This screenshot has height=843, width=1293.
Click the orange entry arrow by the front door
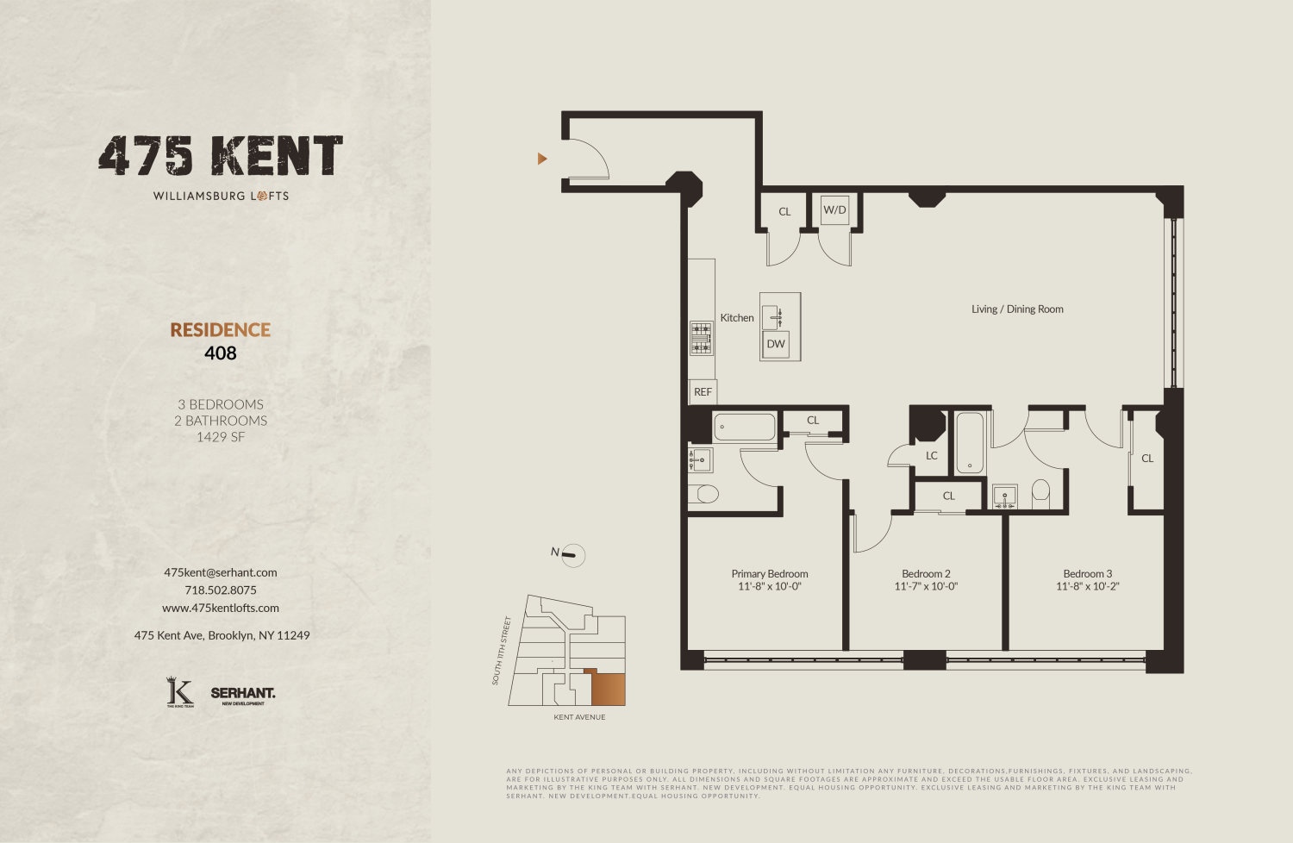(x=542, y=159)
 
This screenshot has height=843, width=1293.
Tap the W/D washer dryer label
(x=834, y=209)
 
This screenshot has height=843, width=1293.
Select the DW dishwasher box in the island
(x=776, y=344)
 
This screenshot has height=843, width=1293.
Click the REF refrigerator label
(x=703, y=392)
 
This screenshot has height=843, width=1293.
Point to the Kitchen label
(x=737, y=318)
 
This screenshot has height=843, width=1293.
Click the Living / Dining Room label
(x=1017, y=309)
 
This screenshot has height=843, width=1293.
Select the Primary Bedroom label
(x=770, y=574)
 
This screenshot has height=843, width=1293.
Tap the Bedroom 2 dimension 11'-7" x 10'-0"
(x=926, y=587)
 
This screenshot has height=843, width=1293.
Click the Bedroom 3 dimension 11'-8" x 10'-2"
(x=1087, y=587)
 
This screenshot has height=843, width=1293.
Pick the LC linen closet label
(x=932, y=456)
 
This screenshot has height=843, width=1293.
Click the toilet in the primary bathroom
(x=704, y=494)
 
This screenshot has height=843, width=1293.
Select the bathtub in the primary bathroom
(x=745, y=427)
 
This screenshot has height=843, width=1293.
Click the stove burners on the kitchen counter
(x=701, y=338)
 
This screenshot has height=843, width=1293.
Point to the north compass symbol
(x=571, y=555)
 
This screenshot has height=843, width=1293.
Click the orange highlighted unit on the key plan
(x=608, y=689)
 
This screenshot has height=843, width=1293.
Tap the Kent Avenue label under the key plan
(x=579, y=717)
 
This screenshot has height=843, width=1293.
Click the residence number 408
(x=221, y=353)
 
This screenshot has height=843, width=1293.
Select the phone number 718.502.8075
(x=221, y=590)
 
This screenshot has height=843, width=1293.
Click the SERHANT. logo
(x=243, y=694)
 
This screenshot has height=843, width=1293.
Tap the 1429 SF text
(x=221, y=437)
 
